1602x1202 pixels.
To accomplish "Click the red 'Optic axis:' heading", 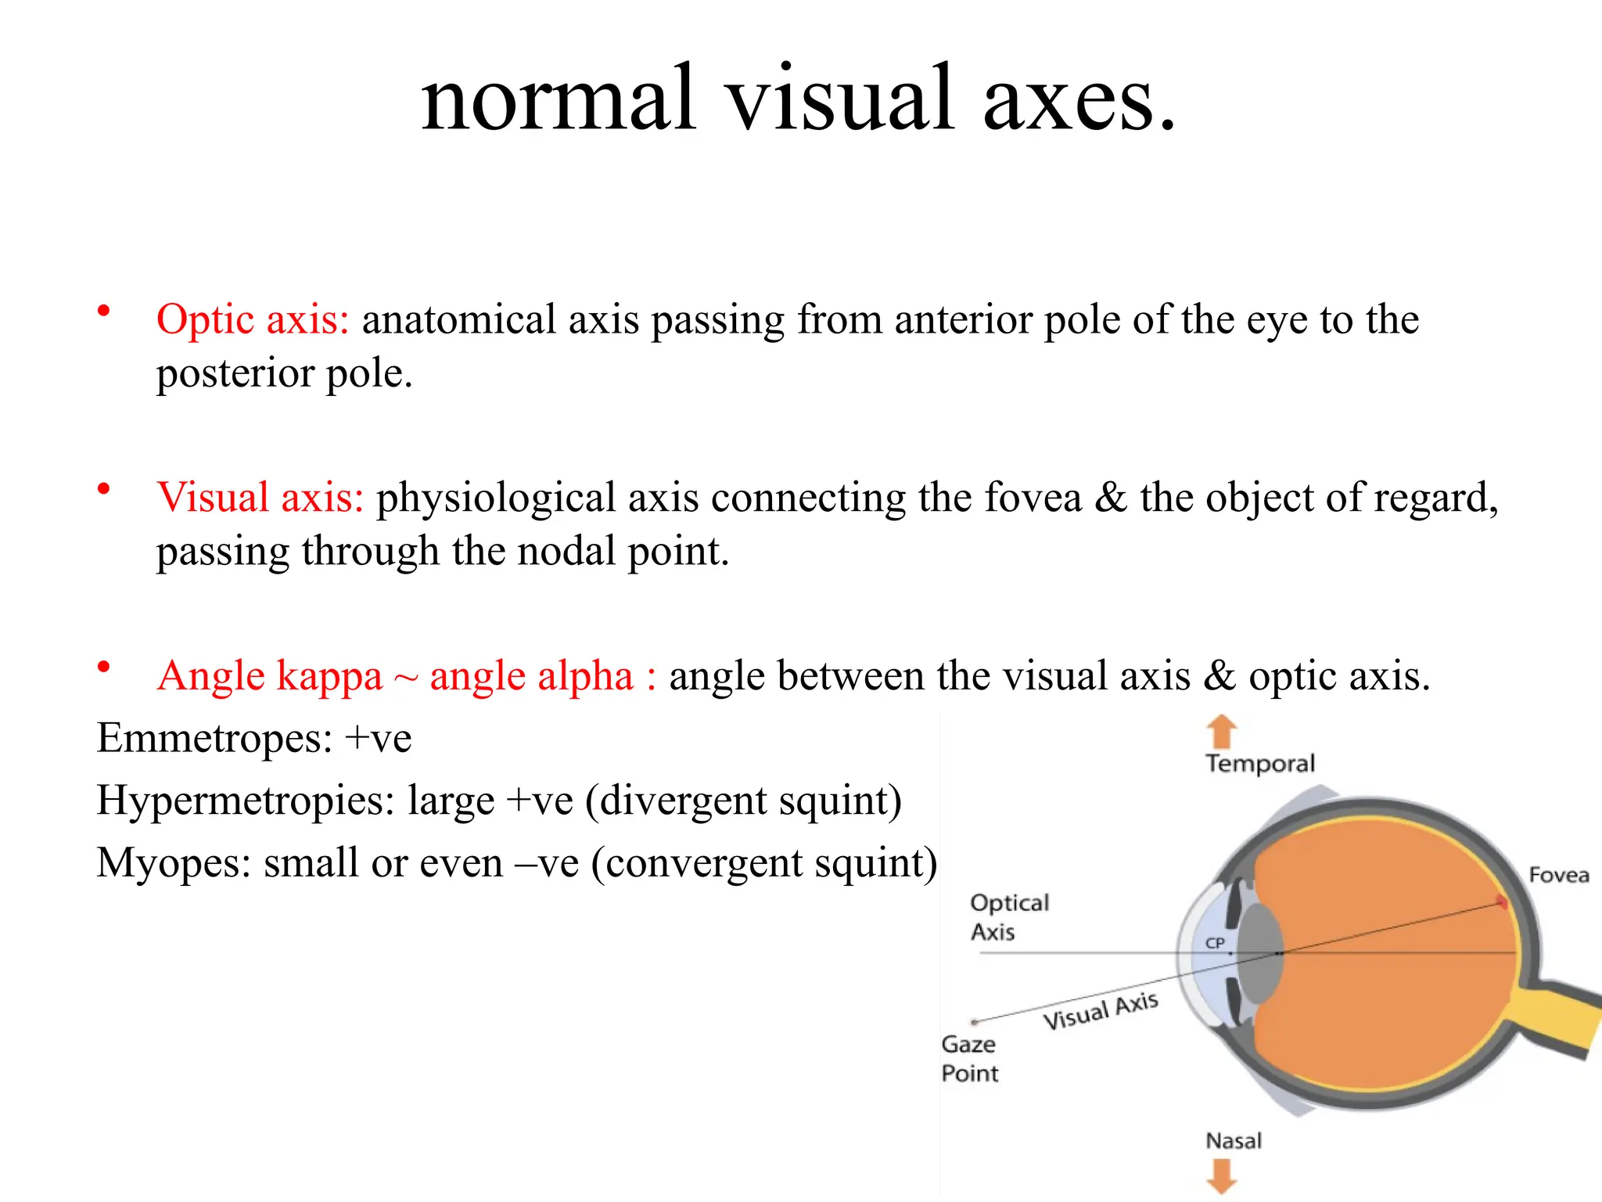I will pyautogui.click(x=252, y=320).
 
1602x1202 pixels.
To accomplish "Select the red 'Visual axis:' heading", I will pyautogui.click(x=260, y=498).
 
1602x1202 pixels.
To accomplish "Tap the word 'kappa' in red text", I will pyautogui.click(x=329, y=677).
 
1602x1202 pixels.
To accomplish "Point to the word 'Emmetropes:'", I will pyautogui.click(x=214, y=738).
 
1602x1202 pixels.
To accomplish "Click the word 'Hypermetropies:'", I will pyautogui.click(x=246, y=801).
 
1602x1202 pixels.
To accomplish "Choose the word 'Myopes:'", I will pyautogui.click(x=174, y=863).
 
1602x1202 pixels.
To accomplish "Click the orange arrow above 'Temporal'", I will pyautogui.click(x=1221, y=732).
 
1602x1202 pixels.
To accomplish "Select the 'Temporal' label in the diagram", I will pyautogui.click(x=1259, y=763).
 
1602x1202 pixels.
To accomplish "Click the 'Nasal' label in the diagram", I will pyautogui.click(x=1234, y=1141).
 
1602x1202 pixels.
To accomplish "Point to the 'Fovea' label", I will pyautogui.click(x=1558, y=875).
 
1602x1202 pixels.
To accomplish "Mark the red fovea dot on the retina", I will pyautogui.click(x=1502, y=902).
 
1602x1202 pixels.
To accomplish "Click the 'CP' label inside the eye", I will pyautogui.click(x=1214, y=943).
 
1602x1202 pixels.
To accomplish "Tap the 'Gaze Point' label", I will pyautogui.click(x=969, y=1059).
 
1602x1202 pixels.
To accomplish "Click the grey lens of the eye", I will pyautogui.click(x=1259, y=953).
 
